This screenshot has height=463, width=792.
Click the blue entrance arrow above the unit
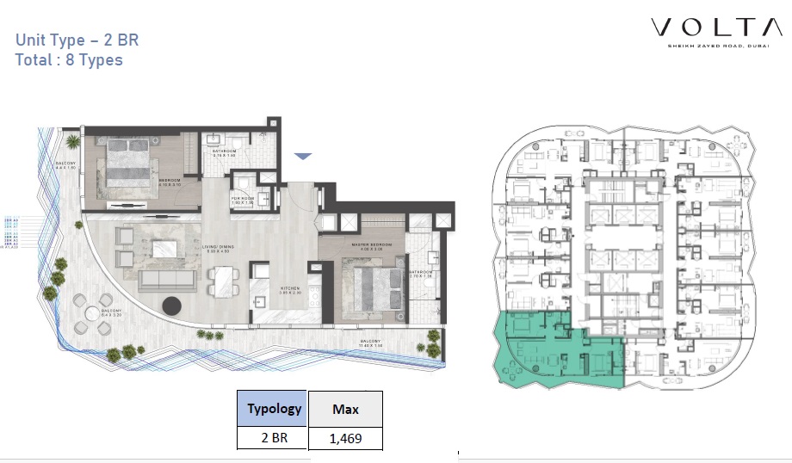coord(302,156)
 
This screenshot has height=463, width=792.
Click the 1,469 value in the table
coord(345,438)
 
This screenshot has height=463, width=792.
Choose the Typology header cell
coord(275,409)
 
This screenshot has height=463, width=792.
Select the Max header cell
coord(345,410)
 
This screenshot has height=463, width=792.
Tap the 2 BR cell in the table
coord(275,438)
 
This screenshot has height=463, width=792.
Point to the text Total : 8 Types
coord(69,60)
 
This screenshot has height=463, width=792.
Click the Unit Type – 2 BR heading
coord(77,40)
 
